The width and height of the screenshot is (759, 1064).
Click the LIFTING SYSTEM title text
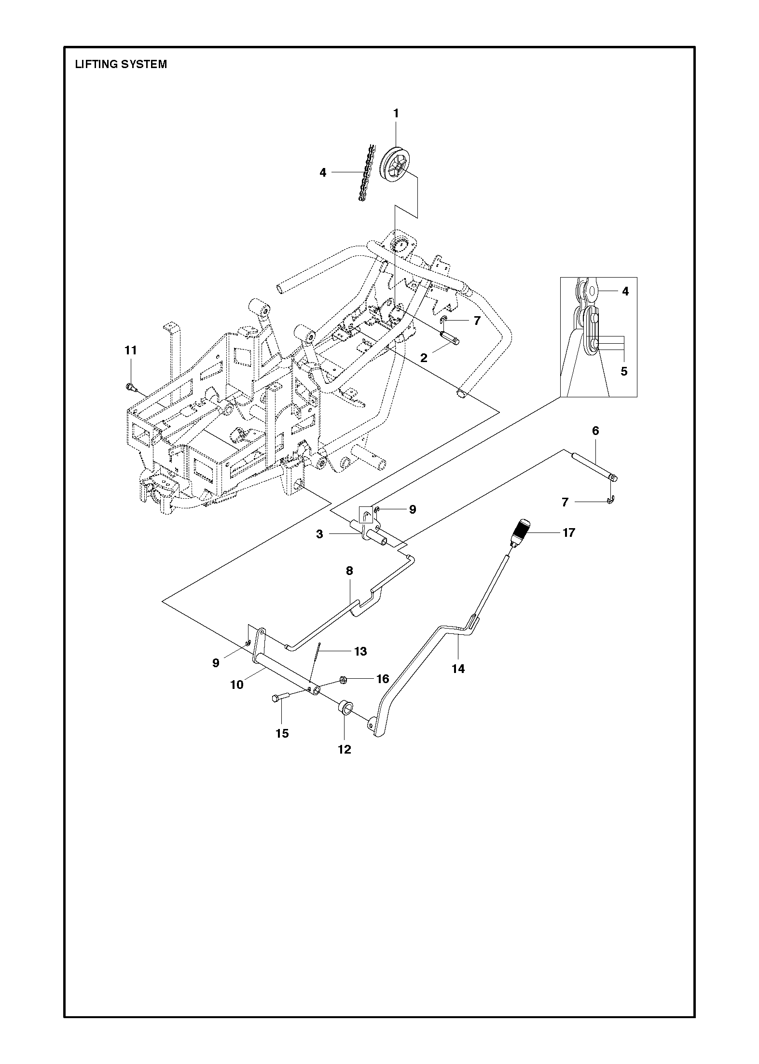[x=121, y=64]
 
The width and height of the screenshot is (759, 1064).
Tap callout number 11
[x=131, y=350]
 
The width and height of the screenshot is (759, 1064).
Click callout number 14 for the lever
[x=458, y=669]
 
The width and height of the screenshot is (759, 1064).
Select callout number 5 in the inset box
[x=624, y=371]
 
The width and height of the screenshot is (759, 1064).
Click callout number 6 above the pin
[x=595, y=431]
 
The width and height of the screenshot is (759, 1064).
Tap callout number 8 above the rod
[x=349, y=571]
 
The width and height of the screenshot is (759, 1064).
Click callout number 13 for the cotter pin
[x=361, y=651]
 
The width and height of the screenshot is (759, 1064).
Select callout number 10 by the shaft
[x=237, y=685]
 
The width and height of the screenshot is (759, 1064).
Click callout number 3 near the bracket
[x=320, y=534]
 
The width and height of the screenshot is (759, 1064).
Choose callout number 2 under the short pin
[x=424, y=358]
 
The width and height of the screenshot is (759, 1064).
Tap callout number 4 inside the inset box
[x=625, y=292]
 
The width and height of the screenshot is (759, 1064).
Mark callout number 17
[x=569, y=532]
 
